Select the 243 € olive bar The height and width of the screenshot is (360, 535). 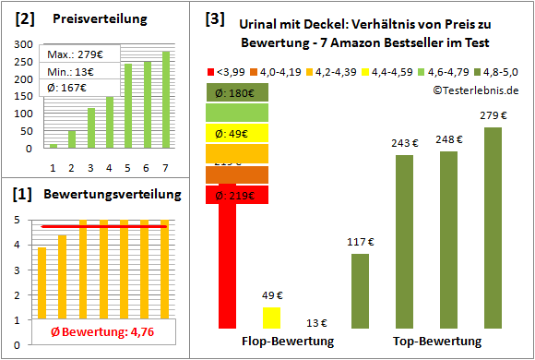(404, 241)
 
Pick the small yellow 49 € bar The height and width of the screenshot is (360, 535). (271, 318)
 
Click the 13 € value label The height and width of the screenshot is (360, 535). (316, 322)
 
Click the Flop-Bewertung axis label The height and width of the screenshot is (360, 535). (287, 342)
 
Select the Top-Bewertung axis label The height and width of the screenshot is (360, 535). (436, 342)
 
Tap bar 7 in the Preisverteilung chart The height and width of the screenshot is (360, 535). (166, 99)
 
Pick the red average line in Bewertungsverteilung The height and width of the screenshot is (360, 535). (103, 226)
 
